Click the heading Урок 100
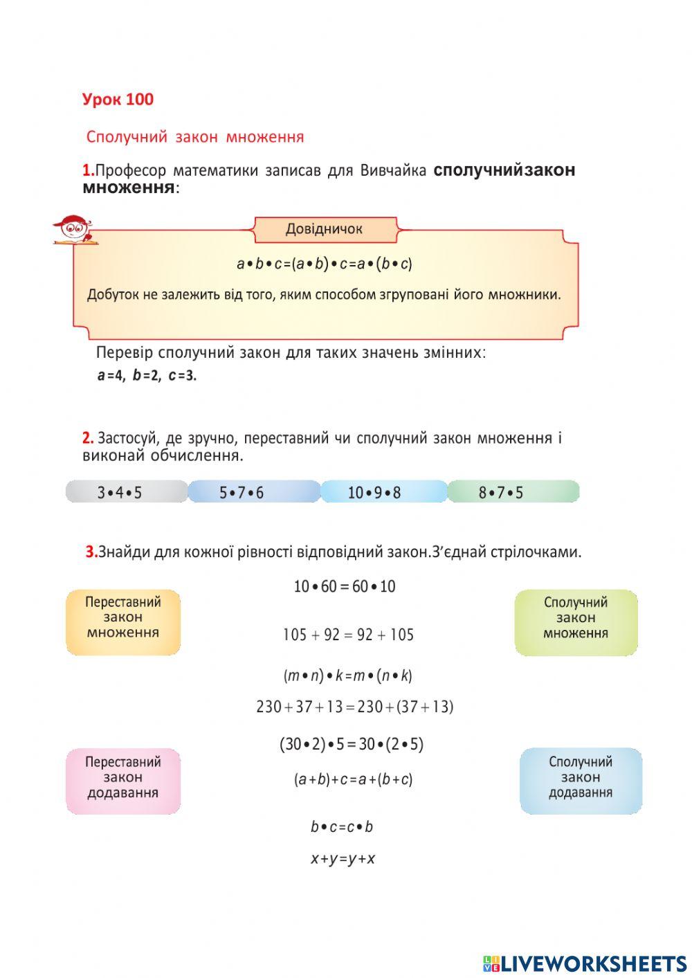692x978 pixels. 118,100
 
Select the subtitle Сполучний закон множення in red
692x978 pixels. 194,137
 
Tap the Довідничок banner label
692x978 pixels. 325,229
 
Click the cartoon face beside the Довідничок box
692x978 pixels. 71,228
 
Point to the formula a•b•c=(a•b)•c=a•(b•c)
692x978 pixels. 325,264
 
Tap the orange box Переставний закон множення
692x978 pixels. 123,621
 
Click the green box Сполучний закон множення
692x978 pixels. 576,622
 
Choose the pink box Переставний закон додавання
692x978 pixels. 123,780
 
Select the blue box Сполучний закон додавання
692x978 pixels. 581,780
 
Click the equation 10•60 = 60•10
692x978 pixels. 345,587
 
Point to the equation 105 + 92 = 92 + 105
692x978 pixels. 348,635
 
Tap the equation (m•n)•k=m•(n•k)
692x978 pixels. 347,676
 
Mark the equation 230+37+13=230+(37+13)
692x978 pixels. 354,707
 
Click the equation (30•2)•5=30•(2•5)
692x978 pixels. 352,745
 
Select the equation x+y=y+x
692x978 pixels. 343,859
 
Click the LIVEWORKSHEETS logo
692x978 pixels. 585,963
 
